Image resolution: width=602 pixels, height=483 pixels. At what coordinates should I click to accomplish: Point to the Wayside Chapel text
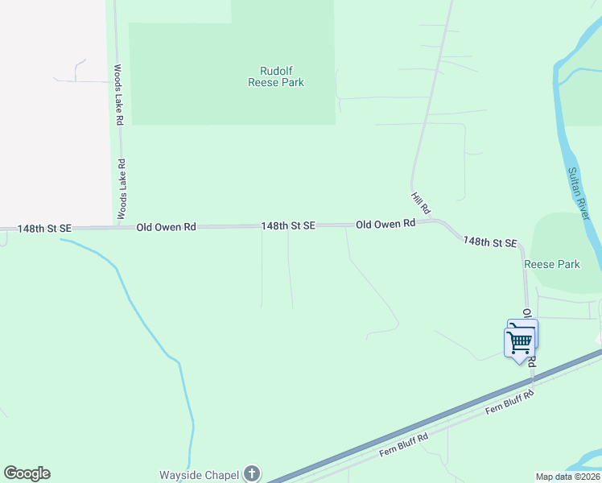tap(199, 474)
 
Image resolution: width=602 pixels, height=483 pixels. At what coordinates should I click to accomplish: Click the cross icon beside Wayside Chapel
tap(252, 473)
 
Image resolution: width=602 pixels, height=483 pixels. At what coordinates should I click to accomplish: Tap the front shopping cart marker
tap(519, 342)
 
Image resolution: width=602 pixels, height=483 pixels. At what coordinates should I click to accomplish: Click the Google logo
tap(27, 473)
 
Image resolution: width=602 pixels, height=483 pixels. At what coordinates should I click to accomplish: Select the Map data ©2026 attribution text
tap(567, 477)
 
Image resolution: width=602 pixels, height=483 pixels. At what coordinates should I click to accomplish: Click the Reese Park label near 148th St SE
tap(552, 264)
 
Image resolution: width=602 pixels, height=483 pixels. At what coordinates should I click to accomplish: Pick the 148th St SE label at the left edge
tap(45, 229)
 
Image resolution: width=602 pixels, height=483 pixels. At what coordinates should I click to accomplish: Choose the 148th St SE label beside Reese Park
tap(489, 242)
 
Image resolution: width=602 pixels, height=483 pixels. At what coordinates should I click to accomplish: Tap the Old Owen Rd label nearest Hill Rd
tap(386, 224)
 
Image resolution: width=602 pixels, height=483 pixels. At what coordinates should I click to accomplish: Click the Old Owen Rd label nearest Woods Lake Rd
tap(167, 228)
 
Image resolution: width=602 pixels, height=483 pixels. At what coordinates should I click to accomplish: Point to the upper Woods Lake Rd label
tap(118, 94)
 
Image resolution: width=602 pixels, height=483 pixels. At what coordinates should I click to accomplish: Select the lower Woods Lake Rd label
tap(122, 188)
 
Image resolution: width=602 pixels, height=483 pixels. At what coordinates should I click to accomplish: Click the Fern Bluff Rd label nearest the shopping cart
tap(510, 404)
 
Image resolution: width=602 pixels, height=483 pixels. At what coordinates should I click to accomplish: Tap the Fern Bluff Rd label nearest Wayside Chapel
tap(404, 444)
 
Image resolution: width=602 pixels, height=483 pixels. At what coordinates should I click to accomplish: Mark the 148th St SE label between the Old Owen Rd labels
tap(287, 227)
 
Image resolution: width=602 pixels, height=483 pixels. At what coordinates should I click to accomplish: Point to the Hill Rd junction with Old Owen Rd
tap(430, 221)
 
